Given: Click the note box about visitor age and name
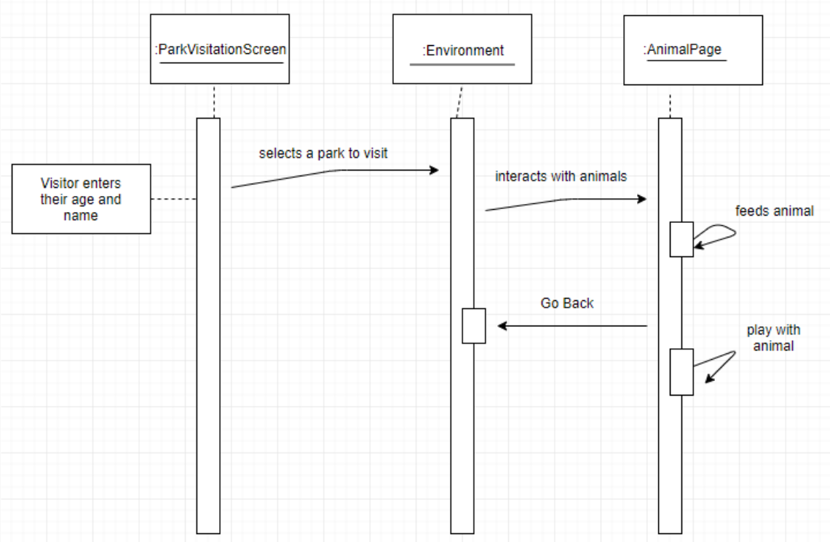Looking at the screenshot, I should pos(81,198).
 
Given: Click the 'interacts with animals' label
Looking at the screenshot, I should pos(561,176).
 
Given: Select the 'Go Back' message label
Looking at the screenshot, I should pos(566,303).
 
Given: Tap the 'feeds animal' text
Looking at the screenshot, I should pos(774,211).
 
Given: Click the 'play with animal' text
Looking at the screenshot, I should pos(770,338).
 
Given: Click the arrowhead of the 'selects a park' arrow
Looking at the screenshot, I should pos(435,170).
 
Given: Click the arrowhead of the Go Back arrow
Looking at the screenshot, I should pos(502,326).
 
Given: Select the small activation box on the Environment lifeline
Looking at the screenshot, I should pos(473,326).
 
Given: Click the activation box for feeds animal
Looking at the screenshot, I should pos(681,239).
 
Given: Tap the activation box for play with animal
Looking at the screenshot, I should pos(681,372).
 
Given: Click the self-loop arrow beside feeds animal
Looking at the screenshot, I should pos(721,236).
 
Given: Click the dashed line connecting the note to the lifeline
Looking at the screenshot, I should pos(173,199).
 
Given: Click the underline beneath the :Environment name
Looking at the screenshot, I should pos(462,65).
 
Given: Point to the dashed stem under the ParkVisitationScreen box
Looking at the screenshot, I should pos(213,101).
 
